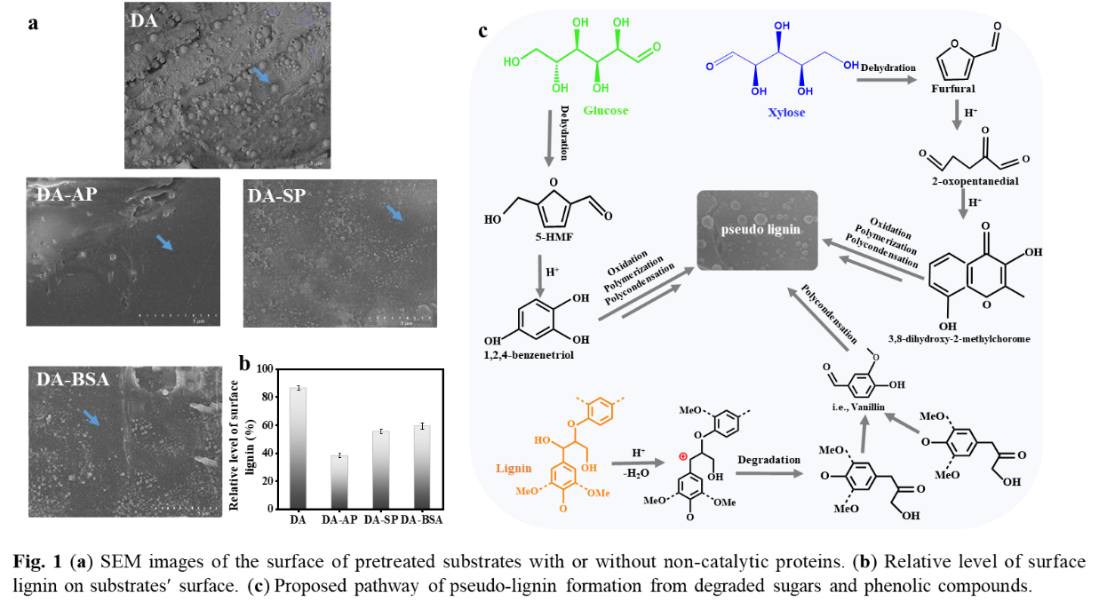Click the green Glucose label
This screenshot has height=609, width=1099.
[605, 111]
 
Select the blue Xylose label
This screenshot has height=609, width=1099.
[786, 113]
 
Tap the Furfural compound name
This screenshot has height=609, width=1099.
[952, 89]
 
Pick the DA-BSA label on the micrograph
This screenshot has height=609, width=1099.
[73, 379]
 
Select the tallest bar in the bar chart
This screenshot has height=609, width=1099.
[298, 447]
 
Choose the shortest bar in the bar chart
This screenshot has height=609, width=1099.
[339, 481]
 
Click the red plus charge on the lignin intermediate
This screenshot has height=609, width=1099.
[683, 456]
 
